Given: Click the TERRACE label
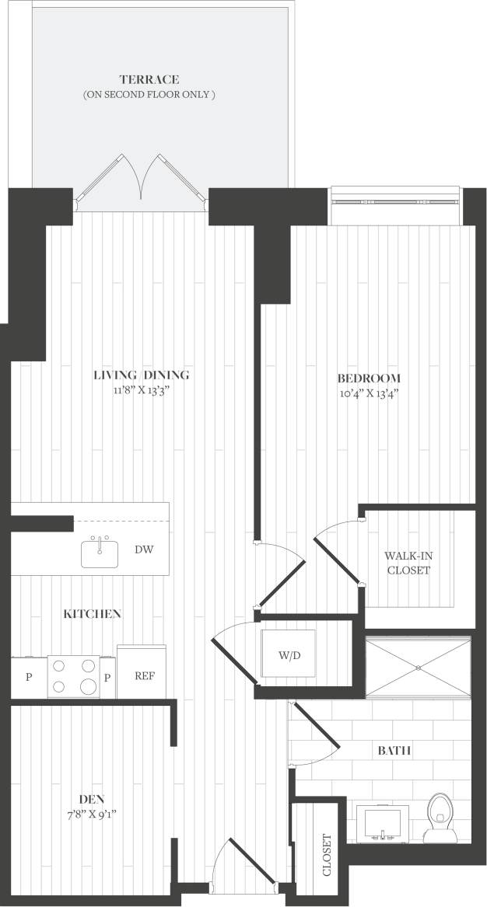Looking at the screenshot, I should (x=149, y=79).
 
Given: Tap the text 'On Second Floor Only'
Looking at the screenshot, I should (x=149, y=94).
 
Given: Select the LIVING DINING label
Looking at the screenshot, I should (x=141, y=375).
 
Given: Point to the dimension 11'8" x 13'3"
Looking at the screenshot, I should (x=141, y=390).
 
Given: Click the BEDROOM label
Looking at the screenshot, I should (x=369, y=378).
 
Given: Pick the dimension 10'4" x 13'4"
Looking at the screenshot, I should (x=369, y=393).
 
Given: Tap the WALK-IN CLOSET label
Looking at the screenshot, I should (x=407, y=563).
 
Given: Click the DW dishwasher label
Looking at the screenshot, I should (x=144, y=549).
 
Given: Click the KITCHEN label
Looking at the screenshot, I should (x=92, y=614).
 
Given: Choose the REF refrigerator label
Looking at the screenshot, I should (x=145, y=675).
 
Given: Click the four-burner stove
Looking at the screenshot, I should (x=73, y=675).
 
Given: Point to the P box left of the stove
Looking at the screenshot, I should (x=29, y=676).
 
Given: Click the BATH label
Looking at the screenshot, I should (x=394, y=751).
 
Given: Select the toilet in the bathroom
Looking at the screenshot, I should (x=440, y=818).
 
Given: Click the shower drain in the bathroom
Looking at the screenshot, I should (x=419, y=667).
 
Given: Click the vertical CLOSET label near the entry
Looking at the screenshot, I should (x=327, y=855).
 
